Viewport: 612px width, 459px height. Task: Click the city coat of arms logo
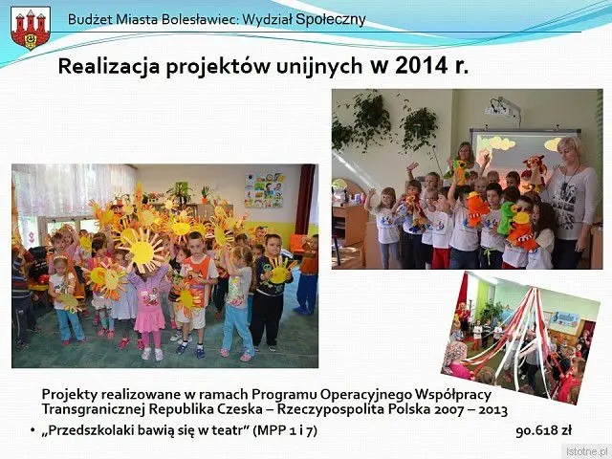click(31, 28)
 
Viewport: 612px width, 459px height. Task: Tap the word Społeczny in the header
click(331, 19)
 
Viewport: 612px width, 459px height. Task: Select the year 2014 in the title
click(422, 65)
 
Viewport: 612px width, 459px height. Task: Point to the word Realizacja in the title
click(109, 66)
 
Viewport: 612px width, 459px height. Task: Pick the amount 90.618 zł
click(544, 430)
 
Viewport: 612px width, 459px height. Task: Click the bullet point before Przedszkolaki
click(33, 430)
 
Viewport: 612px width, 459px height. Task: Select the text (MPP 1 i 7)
click(285, 430)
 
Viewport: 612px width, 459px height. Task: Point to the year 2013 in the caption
click(493, 410)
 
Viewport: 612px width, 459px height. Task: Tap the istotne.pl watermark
click(586, 450)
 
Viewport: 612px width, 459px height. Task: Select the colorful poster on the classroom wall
click(264, 189)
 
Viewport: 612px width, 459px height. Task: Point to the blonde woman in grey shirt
click(571, 203)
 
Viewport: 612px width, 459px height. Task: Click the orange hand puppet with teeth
click(477, 208)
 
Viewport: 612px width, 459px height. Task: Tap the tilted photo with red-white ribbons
click(520, 339)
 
